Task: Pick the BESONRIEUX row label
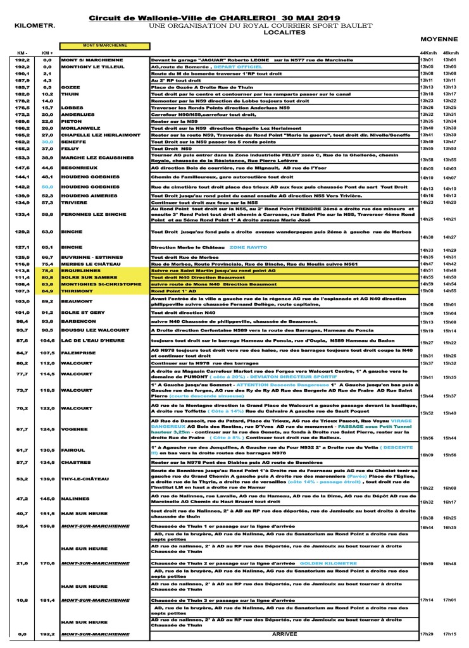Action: pyautogui.click(x=78, y=168)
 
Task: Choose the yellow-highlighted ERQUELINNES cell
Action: pyautogui.click(x=80, y=270)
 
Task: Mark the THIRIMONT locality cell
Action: pyautogui.click(x=77, y=291)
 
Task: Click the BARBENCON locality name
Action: pyautogui.click(x=78, y=321)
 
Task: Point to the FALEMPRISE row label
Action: pyautogui.click(x=80, y=352)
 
